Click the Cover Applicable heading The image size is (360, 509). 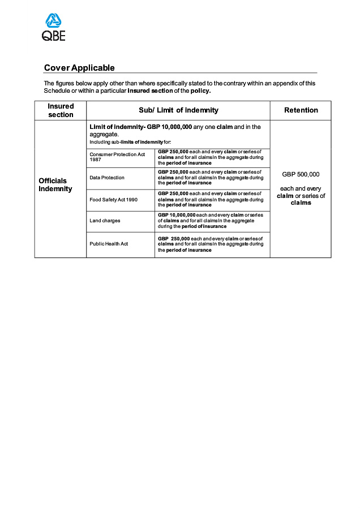(x=79, y=68)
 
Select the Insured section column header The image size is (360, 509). (x=61, y=110)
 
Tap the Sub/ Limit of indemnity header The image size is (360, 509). (x=178, y=110)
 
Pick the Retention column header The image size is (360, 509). (x=301, y=110)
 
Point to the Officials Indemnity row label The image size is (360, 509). (x=55, y=185)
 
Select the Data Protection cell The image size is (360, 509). (x=107, y=178)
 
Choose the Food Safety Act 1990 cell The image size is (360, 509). (x=113, y=200)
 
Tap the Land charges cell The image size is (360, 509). (x=105, y=221)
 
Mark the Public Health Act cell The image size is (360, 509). (x=109, y=244)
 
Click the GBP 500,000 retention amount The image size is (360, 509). (x=301, y=174)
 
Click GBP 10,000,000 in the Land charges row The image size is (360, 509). (x=177, y=215)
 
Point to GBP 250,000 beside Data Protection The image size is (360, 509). (x=173, y=171)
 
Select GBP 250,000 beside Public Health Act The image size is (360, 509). (x=173, y=239)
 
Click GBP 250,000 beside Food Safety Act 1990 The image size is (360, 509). (x=173, y=193)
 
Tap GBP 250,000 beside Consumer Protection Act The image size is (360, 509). (x=173, y=152)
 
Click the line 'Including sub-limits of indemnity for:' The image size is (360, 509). (x=130, y=141)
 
